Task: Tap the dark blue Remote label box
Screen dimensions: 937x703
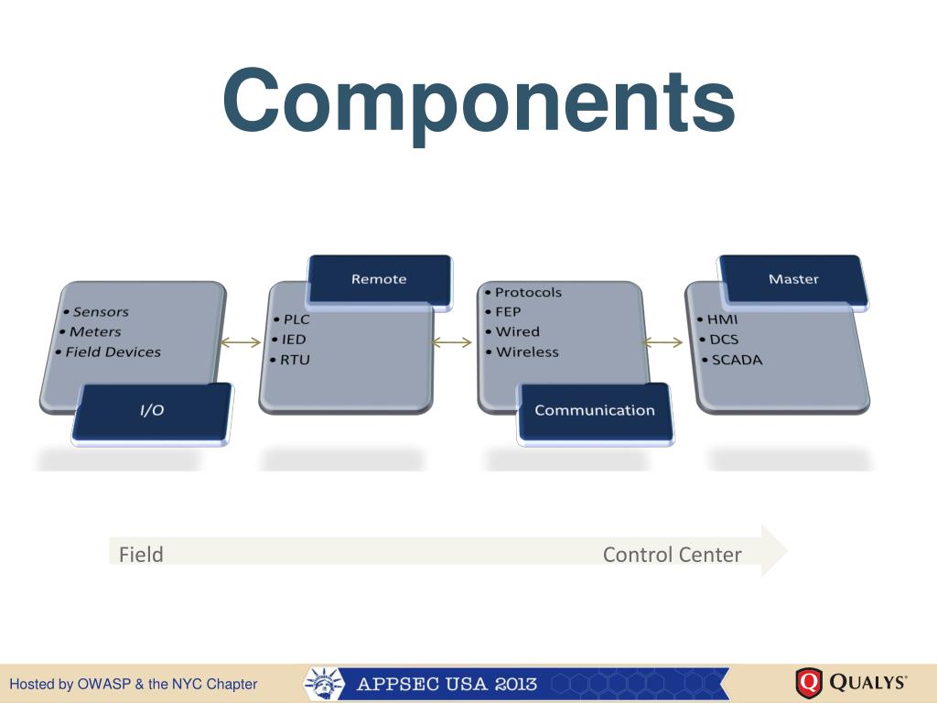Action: coord(379,279)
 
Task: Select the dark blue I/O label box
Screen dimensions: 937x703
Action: coord(152,410)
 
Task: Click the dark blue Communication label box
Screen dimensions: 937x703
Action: coord(595,410)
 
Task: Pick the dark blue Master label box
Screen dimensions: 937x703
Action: coord(793,279)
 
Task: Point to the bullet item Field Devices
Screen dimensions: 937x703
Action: coord(113,351)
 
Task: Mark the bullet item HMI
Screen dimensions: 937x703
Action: coord(722,320)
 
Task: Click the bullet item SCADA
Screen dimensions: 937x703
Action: coord(737,360)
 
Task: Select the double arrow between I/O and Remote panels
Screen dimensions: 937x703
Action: coord(242,343)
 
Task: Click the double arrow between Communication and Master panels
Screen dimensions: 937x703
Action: coord(663,343)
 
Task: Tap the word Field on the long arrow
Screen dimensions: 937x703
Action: coord(141,554)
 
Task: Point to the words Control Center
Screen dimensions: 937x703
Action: coord(672,554)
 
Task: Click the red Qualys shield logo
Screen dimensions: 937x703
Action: coord(809,683)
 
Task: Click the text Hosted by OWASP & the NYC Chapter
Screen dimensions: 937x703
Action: coord(134,684)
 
